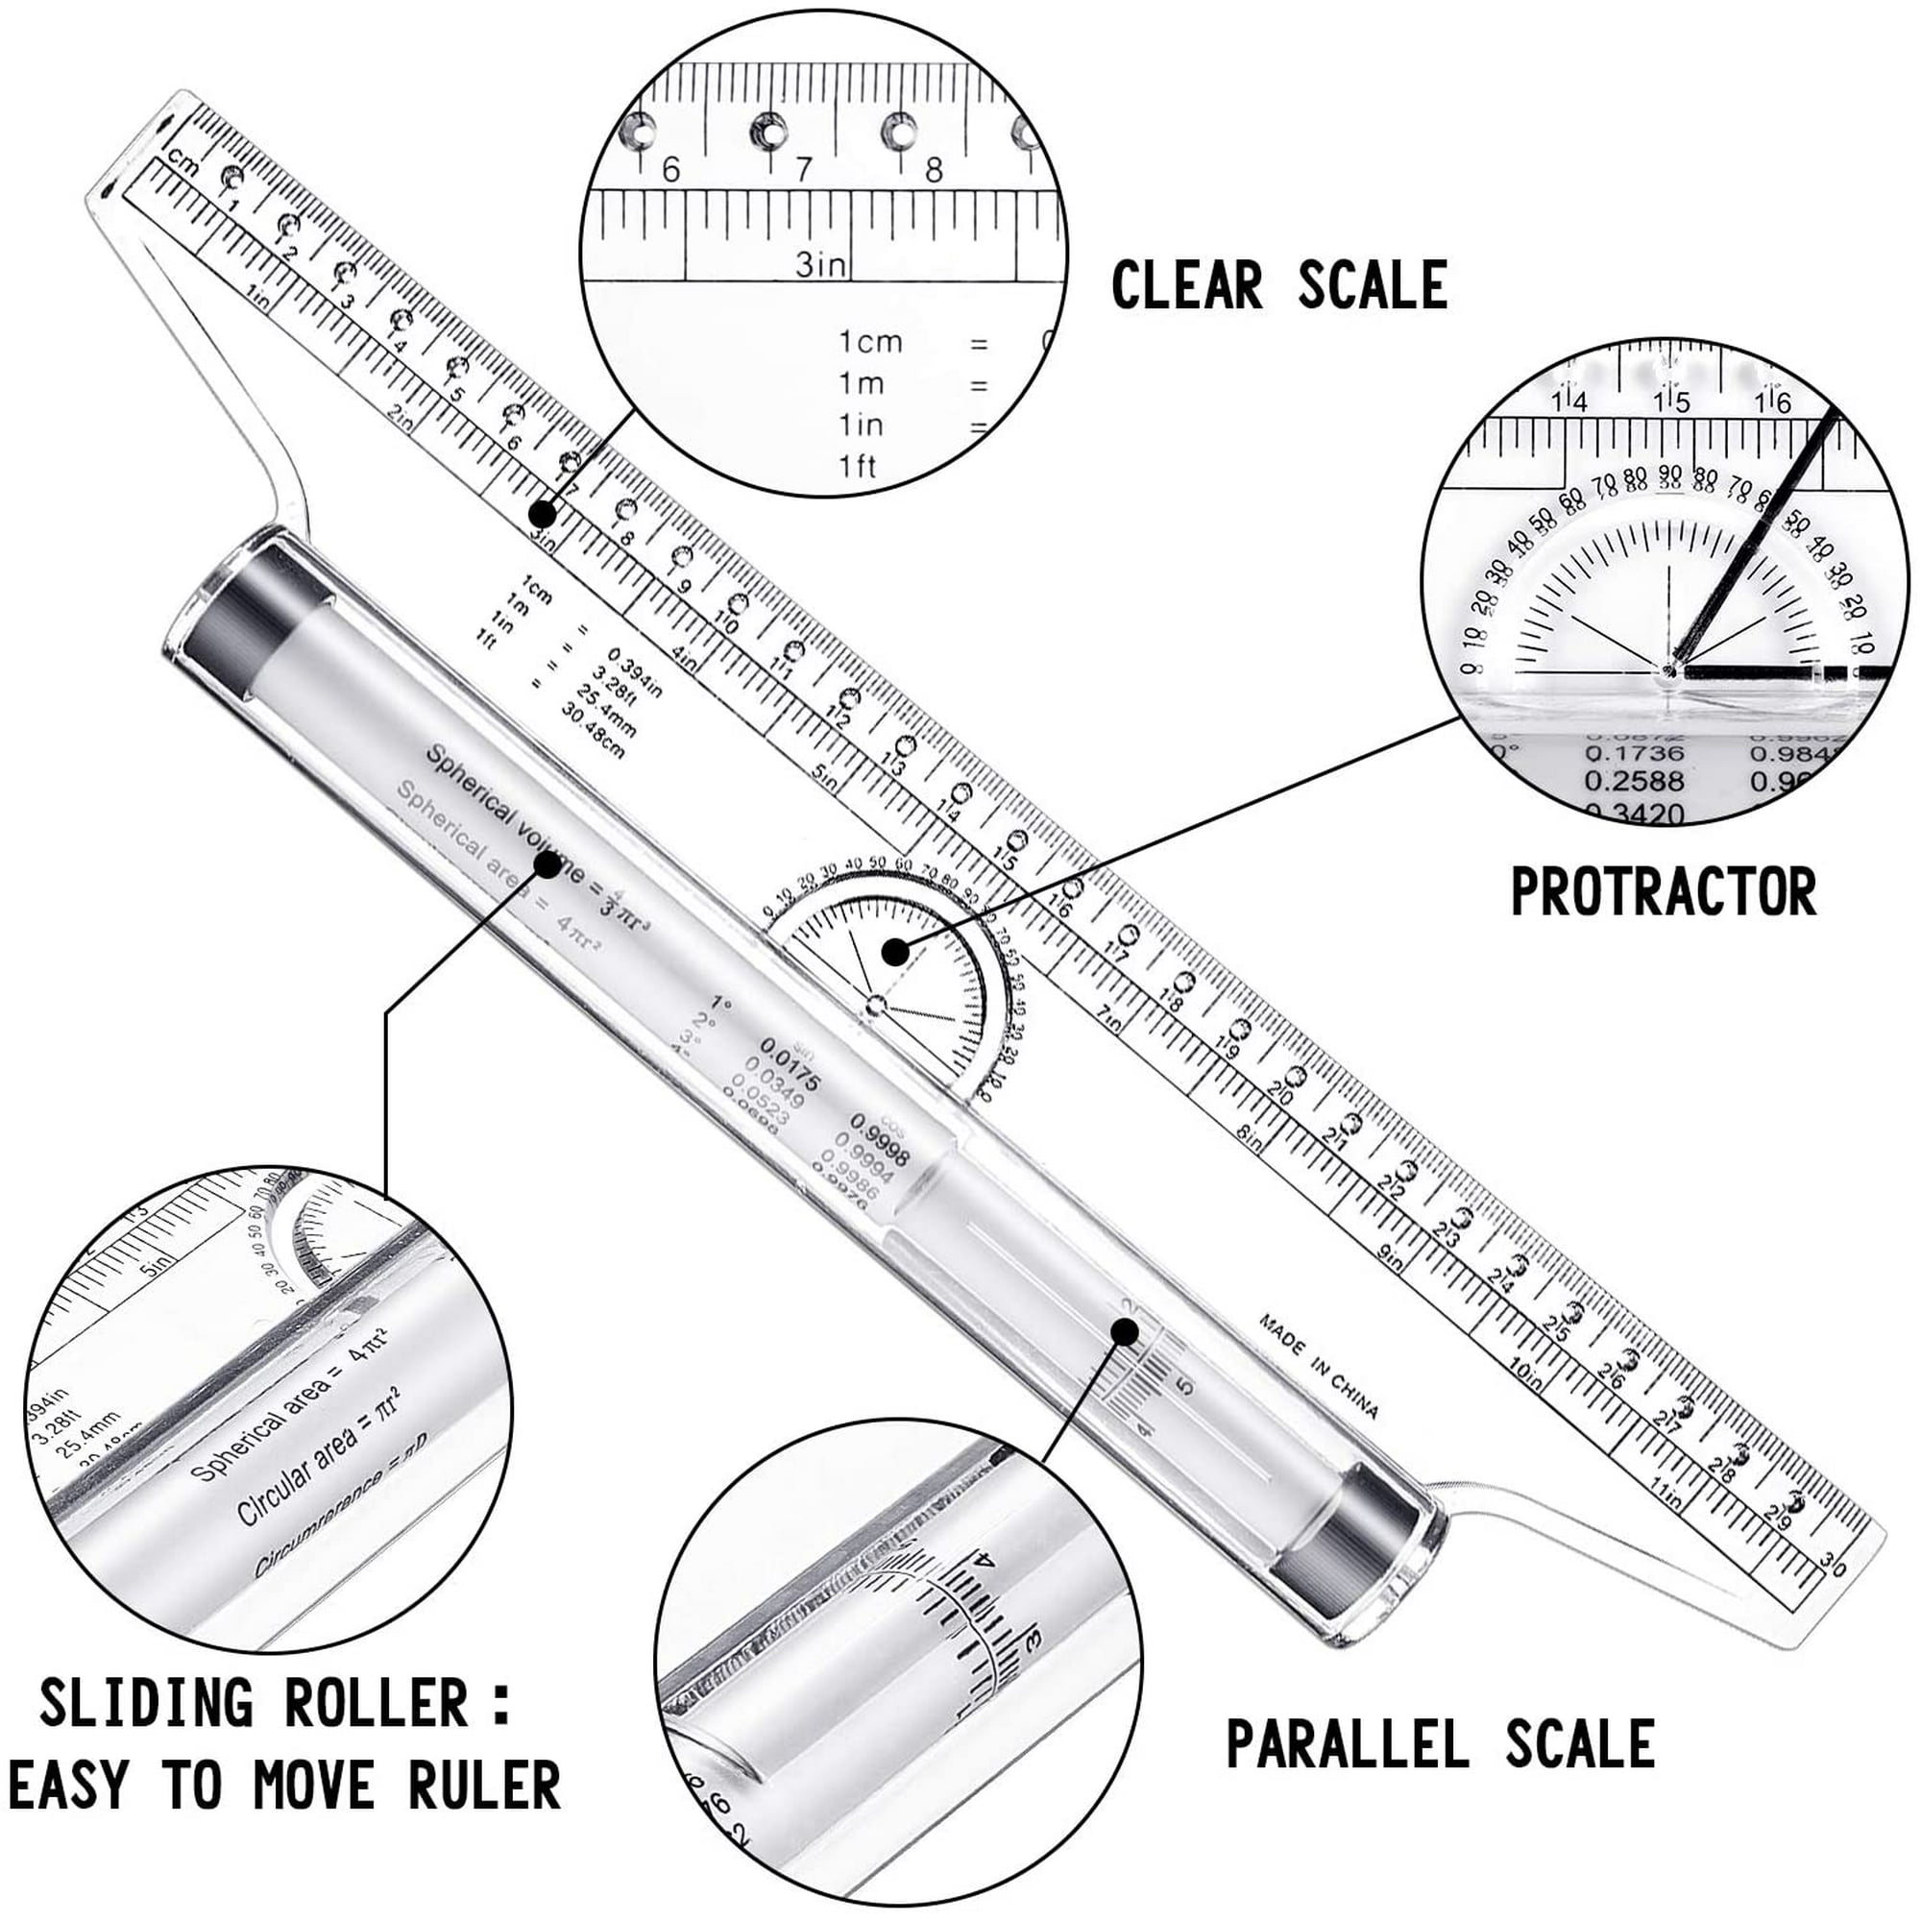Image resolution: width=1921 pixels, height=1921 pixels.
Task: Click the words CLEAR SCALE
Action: (1278, 285)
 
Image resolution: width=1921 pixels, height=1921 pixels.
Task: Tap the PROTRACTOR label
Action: (1663, 891)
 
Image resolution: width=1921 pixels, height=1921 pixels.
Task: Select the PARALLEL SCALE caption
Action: (1441, 1742)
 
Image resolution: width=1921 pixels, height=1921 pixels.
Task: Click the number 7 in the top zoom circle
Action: (802, 170)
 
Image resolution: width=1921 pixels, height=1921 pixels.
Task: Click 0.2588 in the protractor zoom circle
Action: (1634, 781)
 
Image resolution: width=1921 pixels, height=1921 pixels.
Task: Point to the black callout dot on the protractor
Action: (896, 952)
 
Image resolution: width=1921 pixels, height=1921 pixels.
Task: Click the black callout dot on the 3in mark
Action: (542, 514)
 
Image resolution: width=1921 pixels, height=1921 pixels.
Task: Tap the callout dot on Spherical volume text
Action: (547, 863)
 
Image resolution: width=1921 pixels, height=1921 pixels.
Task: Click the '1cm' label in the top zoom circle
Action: (870, 342)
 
